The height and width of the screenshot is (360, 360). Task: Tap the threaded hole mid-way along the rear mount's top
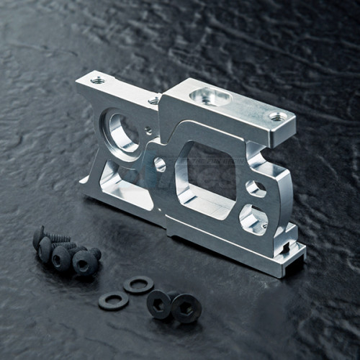pyautogui.click(x=153, y=101)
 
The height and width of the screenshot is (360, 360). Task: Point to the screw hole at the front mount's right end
pyautogui.click(x=278, y=115)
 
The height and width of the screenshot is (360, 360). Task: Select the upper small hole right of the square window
pyautogui.click(x=255, y=188)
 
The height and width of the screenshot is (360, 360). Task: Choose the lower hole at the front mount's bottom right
pyautogui.click(x=252, y=217)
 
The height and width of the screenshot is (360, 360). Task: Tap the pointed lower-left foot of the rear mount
pyautogui.click(x=85, y=193)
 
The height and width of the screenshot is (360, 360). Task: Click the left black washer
pyautogui.click(x=113, y=300)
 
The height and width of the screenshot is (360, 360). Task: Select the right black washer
pyautogui.click(x=138, y=284)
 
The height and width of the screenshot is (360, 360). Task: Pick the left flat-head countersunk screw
pyautogui.click(x=159, y=303)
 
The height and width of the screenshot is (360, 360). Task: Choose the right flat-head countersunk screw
pyautogui.click(x=186, y=307)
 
